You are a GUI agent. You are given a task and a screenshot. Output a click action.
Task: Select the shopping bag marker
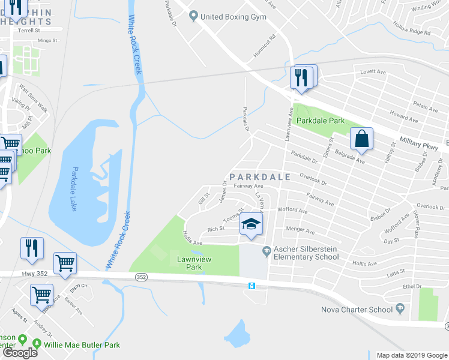tap(362, 139)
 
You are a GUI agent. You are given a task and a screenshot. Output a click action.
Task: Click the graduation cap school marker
tap(252, 225)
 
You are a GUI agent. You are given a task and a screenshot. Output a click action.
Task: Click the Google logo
tap(20, 353)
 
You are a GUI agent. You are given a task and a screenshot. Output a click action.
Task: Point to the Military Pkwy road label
tap(418, 142)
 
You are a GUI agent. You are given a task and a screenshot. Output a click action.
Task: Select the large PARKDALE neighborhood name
tap(260, 177)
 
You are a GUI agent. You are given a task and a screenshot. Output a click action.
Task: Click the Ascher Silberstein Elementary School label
tap(306, 253)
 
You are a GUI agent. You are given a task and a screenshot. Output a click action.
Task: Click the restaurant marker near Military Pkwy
tap(301, 77)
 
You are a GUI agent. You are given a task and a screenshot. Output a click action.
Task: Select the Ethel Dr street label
tap(412, 286)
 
